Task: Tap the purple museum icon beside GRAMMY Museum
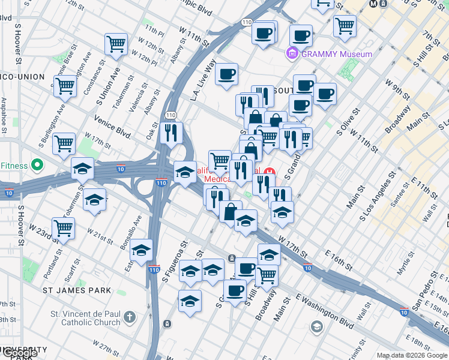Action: tap(292, 54)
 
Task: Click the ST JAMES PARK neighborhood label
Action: tap(77, 290)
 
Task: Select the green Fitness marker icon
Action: tap(37, 164)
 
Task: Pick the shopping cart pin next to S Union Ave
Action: tap(116, 43)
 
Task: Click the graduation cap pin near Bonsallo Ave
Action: tap(141, 249)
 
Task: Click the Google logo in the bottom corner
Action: tap(20, 352)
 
